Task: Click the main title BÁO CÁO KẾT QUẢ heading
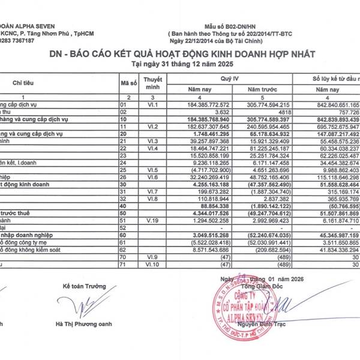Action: click(x=180, y=54)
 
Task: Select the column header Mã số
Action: click(x=128, y=82)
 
